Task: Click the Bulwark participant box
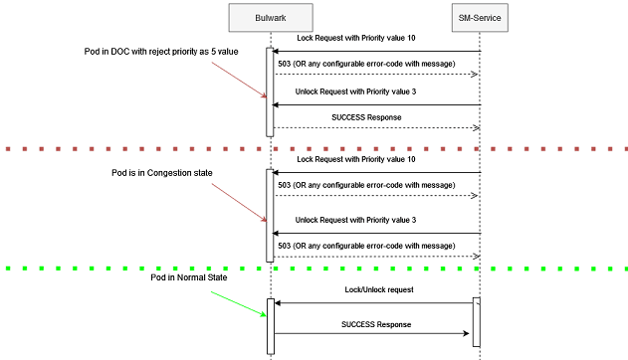pos(270,18)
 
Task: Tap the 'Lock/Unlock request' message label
pos(375,289)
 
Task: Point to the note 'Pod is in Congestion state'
pos(161,172)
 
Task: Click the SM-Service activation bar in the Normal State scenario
pos(476,321)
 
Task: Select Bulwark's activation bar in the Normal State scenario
pos(270,325)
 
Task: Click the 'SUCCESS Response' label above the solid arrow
pos(375,324)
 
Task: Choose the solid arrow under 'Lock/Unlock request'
pos(373,303)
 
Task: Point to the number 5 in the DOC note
pos(210,51)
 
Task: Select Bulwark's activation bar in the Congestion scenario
pos(270,214)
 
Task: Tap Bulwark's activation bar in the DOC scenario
pos(270,91)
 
